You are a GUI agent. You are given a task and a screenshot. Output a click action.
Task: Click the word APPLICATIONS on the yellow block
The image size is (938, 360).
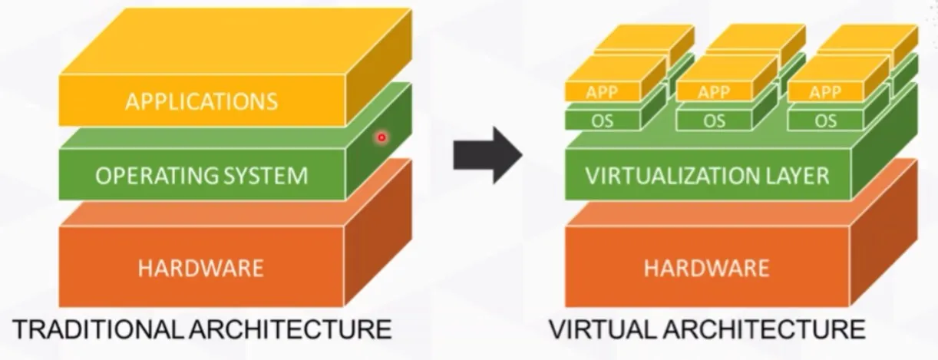pyautogui.click(x=200, y=101)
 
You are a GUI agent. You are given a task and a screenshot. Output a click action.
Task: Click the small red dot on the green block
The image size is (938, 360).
pyautogui.click(x=381, y=137)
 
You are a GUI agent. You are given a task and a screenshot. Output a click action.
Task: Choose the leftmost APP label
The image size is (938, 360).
pyautogui.click(x=603, y=92)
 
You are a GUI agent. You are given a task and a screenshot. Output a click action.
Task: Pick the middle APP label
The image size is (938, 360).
pyautogui.click(x=714, y=92)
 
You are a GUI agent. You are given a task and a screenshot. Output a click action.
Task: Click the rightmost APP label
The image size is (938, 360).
pyautogui.click(x=826, y=92)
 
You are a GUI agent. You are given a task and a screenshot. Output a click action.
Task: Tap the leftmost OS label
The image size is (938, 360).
pyautogui.click(x=603, y=121)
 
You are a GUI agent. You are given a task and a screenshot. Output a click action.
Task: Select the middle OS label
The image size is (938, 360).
pyautogui.click(x=714, y=121)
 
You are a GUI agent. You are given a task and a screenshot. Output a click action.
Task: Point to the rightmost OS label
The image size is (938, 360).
pyautogui.click(x=826, y=121)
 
